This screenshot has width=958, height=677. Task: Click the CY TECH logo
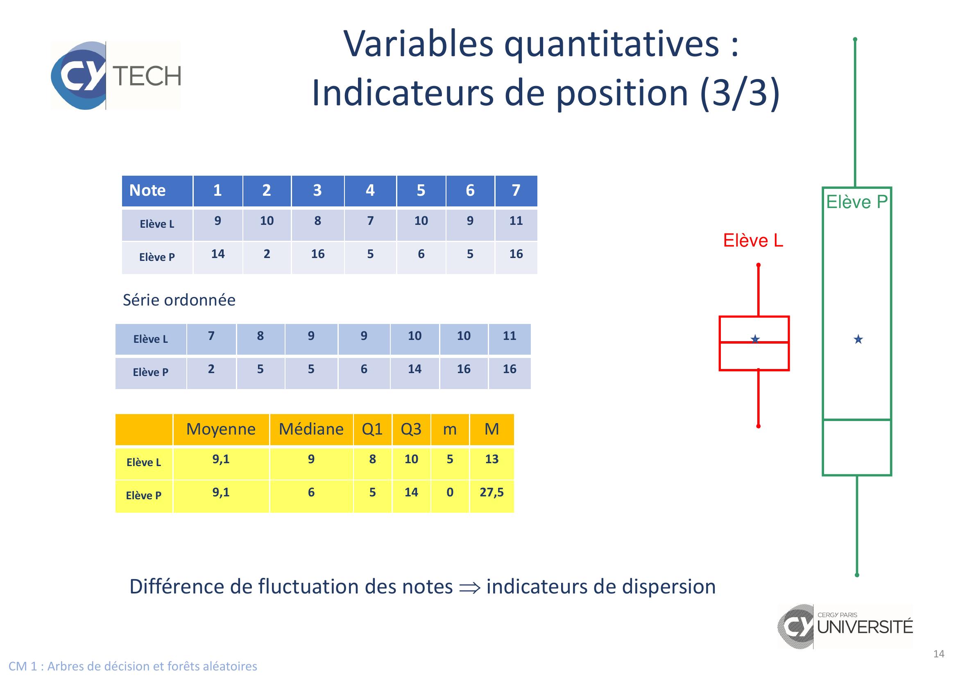pos(116,75)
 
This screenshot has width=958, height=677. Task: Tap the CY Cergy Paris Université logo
pos(845,627)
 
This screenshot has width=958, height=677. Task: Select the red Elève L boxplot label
pos(753,240)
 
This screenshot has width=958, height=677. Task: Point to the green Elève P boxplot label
pos(856,202)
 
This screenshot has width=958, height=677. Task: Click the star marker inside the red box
pos(755,339)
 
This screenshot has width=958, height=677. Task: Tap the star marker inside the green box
pos(858,339)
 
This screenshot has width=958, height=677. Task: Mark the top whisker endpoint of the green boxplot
pos(855,40)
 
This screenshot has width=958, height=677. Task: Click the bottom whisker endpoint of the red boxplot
pos(758,426)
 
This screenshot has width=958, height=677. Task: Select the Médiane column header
pos(311,429)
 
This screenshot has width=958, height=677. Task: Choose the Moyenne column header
pos(221,429)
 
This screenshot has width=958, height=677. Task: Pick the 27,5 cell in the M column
pos(491,493)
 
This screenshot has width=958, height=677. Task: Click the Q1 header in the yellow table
pos(372,429)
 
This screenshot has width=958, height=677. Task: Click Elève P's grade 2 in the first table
pos(267,254)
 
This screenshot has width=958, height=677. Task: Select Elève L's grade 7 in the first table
pos(370,221)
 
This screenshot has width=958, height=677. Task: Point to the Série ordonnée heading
pos(179,300)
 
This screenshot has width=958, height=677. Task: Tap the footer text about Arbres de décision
pos(133,666)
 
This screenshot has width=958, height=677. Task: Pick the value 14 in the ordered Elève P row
pos(415,369)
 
